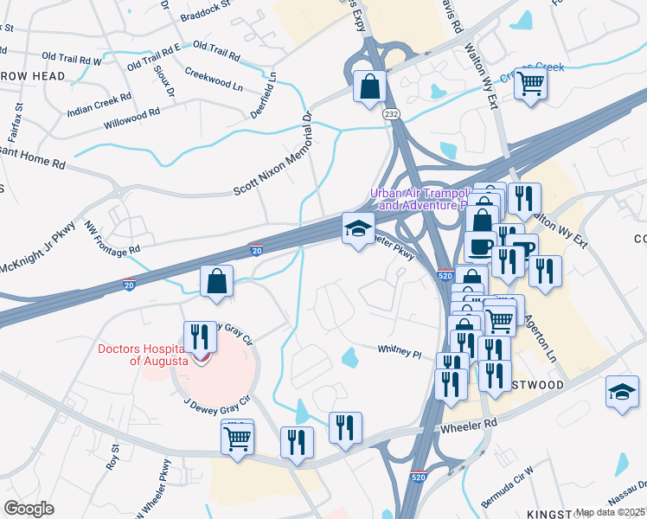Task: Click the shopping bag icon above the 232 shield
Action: [x=370, y=87]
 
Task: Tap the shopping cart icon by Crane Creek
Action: [x=532, y=84]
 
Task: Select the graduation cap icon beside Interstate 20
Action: [x=358, y=229]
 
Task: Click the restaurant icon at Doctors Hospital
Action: [x=200, y=337]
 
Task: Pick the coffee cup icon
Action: [x=481, y=247]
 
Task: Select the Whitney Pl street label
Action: [x=399, y=351]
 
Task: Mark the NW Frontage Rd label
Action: [x=112, y=240]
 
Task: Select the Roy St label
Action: [x=112, y=456]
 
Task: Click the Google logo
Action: [x=29, y=508]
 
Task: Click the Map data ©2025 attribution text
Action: [x=609, y=512]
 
